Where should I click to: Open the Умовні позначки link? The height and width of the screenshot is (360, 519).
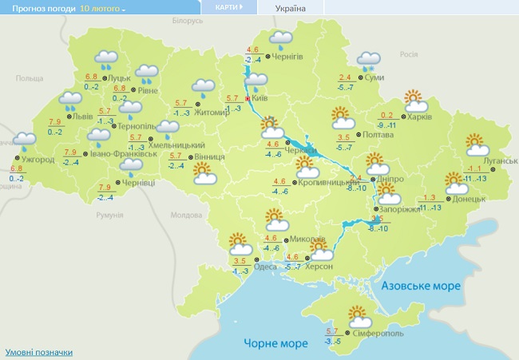38,352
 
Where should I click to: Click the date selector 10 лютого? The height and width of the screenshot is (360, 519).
102,8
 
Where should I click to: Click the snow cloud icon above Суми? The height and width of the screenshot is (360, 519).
369,60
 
